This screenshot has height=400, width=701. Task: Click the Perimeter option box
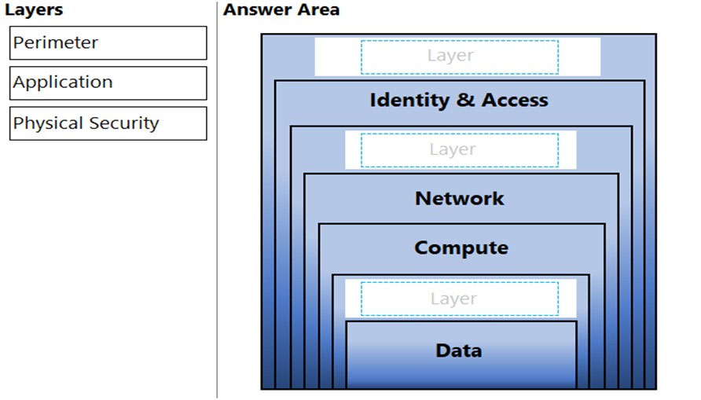[x=108, y=43]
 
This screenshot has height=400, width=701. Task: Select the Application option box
[x=108, y=83]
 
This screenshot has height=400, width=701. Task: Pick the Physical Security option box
[x=108, y=123]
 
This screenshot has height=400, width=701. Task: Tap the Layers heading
[x=34, y=10]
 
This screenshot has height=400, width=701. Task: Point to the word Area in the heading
[x=318, y=9]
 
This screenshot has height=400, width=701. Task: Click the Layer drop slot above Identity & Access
[x=460, y=57]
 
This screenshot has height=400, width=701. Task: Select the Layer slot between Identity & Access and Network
[x=460, y=150]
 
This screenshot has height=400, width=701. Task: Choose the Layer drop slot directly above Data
[x=460, y=299]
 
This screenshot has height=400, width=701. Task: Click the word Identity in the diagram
[x=409, y=101]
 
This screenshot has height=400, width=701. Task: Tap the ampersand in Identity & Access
[x=465, y=100]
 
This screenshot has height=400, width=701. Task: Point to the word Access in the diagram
[x=515, y=100]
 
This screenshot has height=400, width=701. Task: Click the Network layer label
[x=460, y=199]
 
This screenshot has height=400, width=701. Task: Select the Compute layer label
[x=461, y=248]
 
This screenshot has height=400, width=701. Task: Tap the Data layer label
[x=459, y=350]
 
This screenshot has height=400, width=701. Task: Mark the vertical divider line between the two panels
[x=217, y=200]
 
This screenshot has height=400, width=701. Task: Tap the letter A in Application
[x=20, y=83]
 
